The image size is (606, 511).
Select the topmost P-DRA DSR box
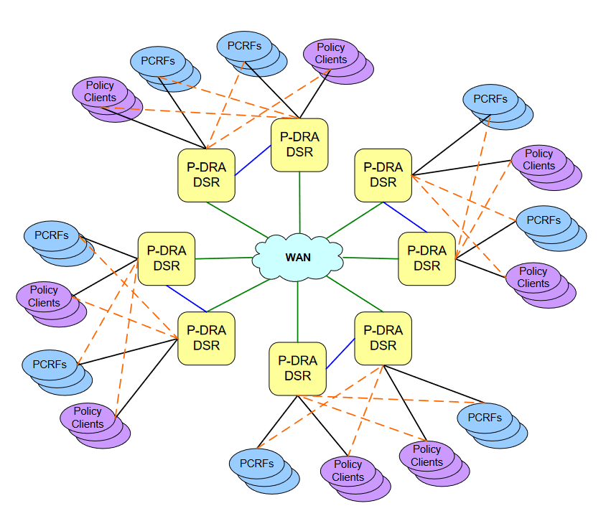[299, 144]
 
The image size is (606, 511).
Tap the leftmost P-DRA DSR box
[166, 258]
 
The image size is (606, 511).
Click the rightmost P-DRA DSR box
[426, 258]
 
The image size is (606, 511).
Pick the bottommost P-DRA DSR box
[297, 368]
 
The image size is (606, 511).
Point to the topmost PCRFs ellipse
[244, 46]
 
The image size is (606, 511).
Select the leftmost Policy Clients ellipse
[44, 296]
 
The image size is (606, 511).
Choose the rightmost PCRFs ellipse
[544, 220]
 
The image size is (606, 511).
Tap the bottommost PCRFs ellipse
[256, 464]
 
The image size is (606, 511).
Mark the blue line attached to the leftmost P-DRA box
[187, 299]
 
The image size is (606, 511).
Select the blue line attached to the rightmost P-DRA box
[405, 217]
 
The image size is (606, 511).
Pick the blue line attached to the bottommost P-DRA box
[340, 353]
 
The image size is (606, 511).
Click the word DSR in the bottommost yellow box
[297, 375]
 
